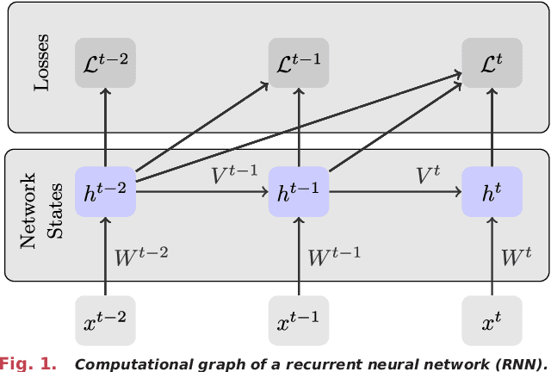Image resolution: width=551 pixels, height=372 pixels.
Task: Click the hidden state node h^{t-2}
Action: (105, 190)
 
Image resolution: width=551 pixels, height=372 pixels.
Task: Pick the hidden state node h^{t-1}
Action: (299, 190)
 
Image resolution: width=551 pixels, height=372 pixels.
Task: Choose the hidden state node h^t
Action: (492, 190)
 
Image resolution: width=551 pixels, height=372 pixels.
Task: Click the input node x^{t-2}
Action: (105, 320)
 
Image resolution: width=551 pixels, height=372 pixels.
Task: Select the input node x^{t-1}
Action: (299, 320)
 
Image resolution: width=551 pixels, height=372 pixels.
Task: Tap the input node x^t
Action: (492, 320)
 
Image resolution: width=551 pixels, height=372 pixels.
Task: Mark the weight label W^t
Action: (517, 256)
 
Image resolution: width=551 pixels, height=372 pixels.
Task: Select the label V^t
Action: (427, 176)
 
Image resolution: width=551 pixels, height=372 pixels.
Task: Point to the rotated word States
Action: (53, 212)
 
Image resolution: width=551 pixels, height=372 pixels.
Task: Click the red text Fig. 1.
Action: (28, 363)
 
